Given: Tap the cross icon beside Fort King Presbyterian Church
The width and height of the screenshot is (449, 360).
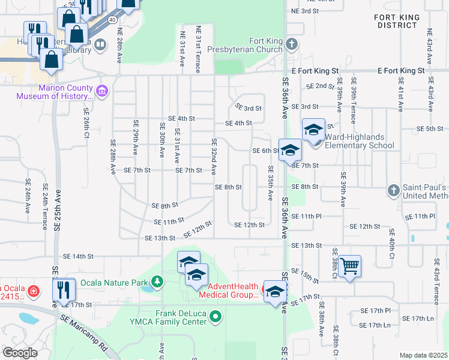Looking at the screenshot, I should click(291, 44).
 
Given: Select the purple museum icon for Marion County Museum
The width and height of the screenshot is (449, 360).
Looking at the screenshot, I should click(101, 91).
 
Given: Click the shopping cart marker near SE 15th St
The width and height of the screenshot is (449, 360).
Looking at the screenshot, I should click(349, 265).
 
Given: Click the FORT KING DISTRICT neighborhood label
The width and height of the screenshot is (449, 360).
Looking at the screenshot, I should click(396, 22).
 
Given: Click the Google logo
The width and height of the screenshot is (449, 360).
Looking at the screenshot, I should click(20, 353).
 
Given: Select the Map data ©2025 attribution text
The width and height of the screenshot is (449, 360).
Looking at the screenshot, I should click(423, 355).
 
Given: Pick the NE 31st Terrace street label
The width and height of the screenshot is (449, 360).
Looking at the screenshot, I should click(197, 49).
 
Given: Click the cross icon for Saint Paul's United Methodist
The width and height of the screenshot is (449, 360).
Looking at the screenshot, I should click(393, 190).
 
